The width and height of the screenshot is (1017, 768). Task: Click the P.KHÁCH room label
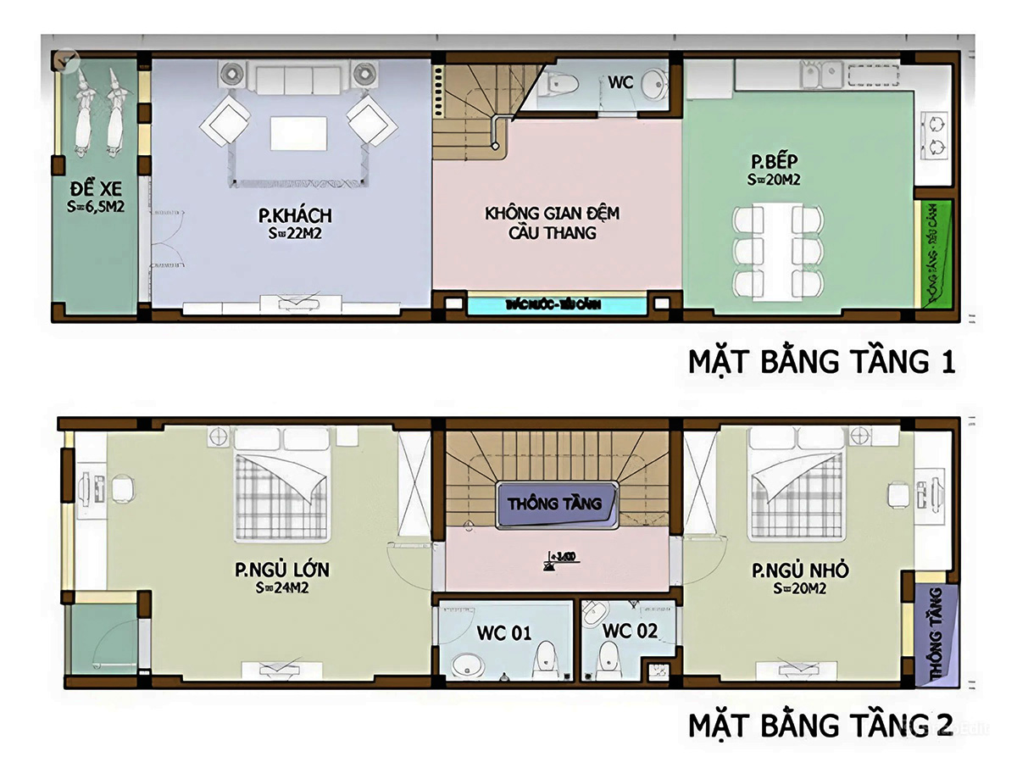click(295, 215)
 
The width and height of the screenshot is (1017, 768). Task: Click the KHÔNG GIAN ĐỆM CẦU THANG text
click(552, 221)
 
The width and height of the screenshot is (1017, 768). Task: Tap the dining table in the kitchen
click(778, 252)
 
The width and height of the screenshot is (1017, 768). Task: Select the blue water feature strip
click(557, 303)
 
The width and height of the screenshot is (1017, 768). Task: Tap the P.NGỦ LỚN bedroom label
click(282, 570)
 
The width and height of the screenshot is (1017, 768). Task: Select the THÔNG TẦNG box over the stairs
click(555, 504)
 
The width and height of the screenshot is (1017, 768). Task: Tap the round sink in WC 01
click(464, 665)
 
